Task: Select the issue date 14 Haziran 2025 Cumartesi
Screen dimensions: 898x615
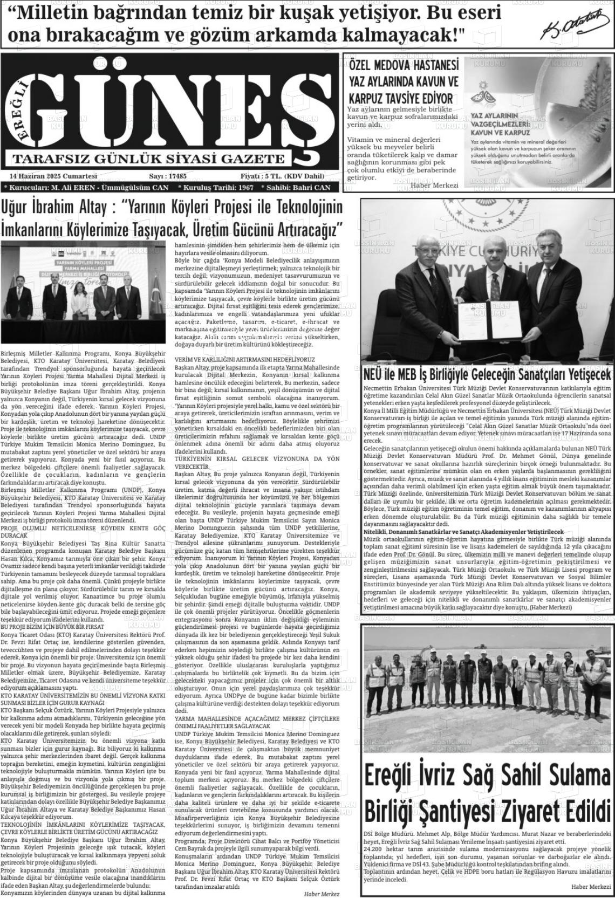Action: [x=52, y=176]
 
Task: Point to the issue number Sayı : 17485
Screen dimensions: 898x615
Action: [x=167, y=176]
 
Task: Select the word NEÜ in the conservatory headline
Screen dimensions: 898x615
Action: [x=374, y=374]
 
